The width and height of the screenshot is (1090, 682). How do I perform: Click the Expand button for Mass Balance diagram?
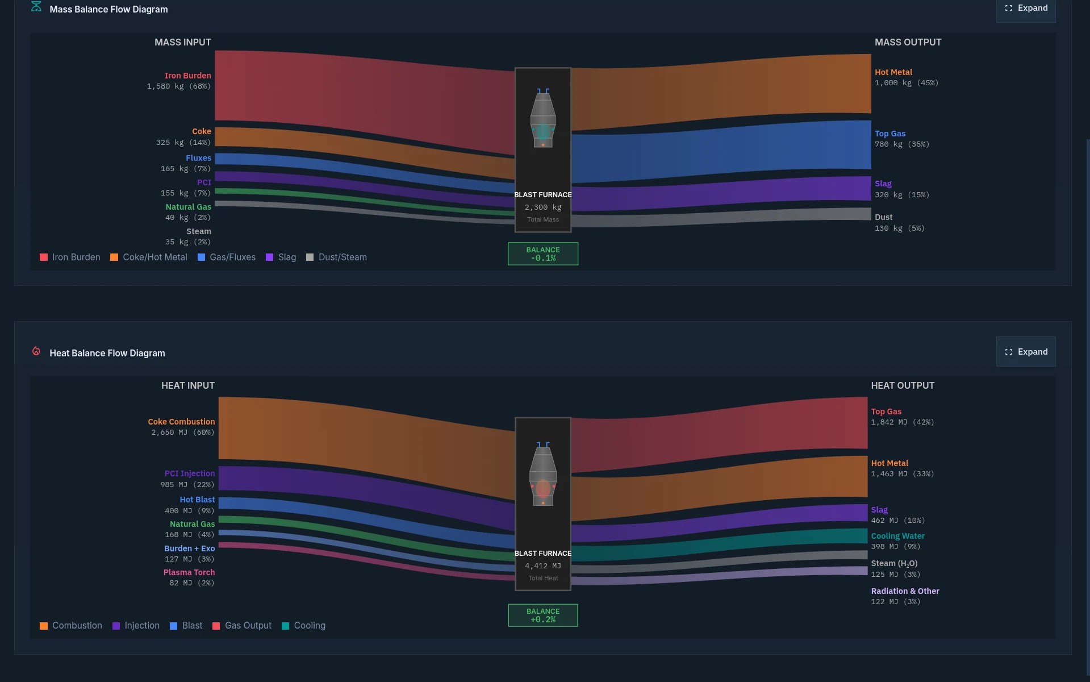point(1026,9)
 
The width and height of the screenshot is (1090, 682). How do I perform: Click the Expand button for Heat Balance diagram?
point(1026,352)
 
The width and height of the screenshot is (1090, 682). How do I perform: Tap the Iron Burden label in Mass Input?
point(187,76)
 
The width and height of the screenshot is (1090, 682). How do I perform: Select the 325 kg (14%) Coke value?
point(183,143)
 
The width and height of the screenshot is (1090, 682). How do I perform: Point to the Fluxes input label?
point(198,158)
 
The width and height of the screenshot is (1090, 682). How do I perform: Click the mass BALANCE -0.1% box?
point(542,254)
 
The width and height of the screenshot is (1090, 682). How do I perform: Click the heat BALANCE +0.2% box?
point(542,616)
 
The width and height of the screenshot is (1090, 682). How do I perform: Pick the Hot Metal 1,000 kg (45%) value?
point(906,83)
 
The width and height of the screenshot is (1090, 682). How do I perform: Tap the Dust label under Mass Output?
point(883,217)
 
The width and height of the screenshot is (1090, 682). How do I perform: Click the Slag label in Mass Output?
point(883,184)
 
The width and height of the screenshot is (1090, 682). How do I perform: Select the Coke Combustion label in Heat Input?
point(181,422)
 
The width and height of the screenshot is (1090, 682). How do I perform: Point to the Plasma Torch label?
point(189,572)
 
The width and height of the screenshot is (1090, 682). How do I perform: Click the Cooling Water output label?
point(897,536)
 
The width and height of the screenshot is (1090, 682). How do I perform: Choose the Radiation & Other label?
point(905,591)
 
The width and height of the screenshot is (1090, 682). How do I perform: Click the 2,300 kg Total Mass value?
point(542,207)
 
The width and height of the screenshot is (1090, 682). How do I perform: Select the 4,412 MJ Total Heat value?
point(542,566)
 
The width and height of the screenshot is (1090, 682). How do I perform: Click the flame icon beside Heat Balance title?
point(36,351)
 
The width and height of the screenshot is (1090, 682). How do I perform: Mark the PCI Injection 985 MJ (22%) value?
point(187,485)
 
